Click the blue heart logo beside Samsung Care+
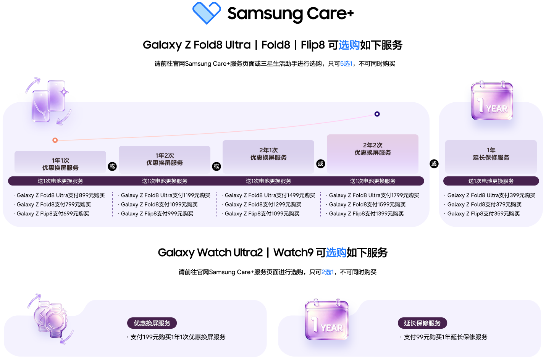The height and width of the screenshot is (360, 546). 207,13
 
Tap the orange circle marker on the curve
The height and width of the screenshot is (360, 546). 55,140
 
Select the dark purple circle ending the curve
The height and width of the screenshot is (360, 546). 377,114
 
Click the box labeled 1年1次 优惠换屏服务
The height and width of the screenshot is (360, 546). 60,161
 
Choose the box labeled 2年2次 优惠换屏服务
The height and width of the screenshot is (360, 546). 372,154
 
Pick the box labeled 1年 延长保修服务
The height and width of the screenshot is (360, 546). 491,157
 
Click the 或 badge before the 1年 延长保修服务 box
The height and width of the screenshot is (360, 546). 434,163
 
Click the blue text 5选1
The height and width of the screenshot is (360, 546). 346,64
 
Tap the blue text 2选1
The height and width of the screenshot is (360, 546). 328,272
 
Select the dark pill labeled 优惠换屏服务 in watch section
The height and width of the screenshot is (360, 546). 152,323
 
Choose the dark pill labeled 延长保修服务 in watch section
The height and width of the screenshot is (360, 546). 422,323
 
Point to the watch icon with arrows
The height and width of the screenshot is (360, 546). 50,319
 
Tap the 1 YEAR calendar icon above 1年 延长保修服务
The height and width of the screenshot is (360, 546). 492,100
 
